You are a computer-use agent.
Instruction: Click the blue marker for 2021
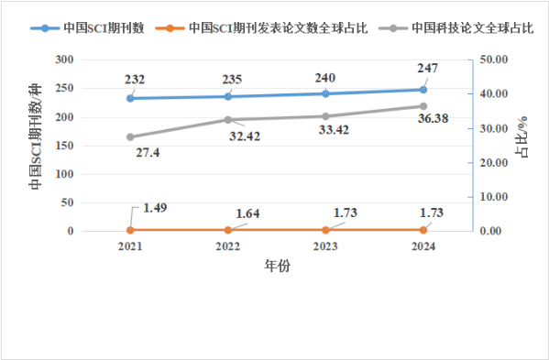[x=130, y=98]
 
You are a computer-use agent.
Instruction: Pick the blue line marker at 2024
[x=423, y=90]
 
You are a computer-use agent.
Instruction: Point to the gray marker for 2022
[x=228, y=120]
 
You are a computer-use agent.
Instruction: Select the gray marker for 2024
[x=423, y=106]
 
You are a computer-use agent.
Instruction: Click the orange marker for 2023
[x=325, y=230]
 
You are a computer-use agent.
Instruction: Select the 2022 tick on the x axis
[x=228, y=246]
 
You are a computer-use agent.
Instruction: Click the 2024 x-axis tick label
[x=423, y=246]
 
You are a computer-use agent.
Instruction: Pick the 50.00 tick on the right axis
[x=494, y=60]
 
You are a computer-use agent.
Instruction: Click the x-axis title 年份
[x=277, y=267]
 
